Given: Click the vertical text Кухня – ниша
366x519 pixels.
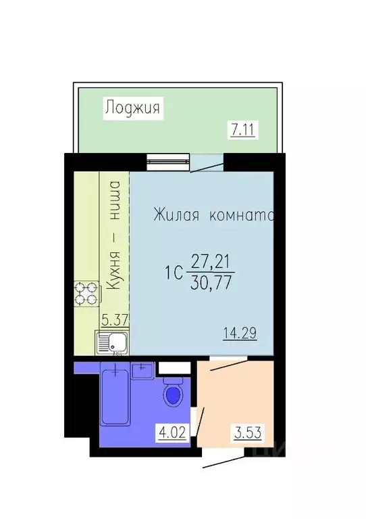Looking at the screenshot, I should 114,236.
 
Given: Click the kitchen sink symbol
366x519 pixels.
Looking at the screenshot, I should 111,344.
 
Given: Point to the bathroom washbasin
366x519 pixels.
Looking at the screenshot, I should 142,371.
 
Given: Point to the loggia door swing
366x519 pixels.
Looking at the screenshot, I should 206,164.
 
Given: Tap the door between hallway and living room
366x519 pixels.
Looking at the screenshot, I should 223,363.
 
